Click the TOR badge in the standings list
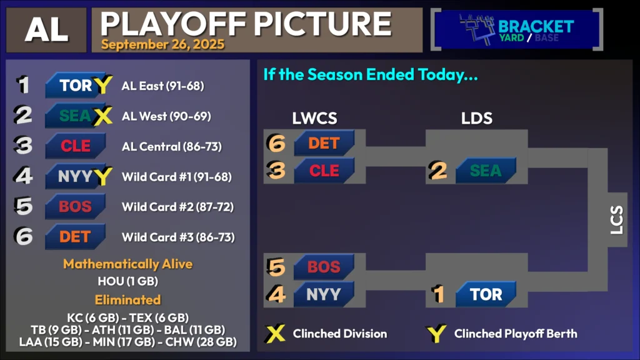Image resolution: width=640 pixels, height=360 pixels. pyautogui.click(x=76, y=85)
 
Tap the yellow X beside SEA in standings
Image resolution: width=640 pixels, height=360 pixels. pyautogui.click(x=102, y=116)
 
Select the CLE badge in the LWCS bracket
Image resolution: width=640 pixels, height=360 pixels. pyautogui.click(x=324, y=170)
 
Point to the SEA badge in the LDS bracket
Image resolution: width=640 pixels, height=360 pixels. pyautogui.click(x=486, y=170)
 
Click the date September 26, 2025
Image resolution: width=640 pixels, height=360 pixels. pyautogui.click(x=163, y=44)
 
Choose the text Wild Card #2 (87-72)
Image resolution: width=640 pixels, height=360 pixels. pyautogui.click(x=178, y=207)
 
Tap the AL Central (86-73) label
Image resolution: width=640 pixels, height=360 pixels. pyautogui.click(x=172, y=146)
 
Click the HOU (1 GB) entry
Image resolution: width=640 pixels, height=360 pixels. pyautogui.click(x=127, y=281)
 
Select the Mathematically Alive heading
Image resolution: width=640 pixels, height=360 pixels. pyautogui.click(x=127, y=264)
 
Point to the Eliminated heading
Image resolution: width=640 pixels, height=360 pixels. pyautogui.click(x=127, y=300)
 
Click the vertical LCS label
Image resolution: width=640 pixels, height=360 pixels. pyautogui.click(x=617, y=219)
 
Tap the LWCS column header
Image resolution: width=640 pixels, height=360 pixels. pyautogui.click(x=315, y=118)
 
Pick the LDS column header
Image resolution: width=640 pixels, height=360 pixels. pyautogui.click(x=477, y=118)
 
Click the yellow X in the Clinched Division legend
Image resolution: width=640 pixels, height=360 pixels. pyautogui.click(x=276, y=334)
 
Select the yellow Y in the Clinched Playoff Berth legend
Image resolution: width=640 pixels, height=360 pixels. pyautogui.click(x=436, y=334)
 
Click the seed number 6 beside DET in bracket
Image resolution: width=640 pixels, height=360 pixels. pyautogui.click(x=276, y=143)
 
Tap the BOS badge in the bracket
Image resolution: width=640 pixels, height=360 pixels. pyautogui.click(x=324, y=266)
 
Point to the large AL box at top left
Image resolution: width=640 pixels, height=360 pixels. pyautogui.click(x=46, y=30)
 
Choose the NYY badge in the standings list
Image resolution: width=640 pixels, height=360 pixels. pyautogui.click(x=76, y=176)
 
